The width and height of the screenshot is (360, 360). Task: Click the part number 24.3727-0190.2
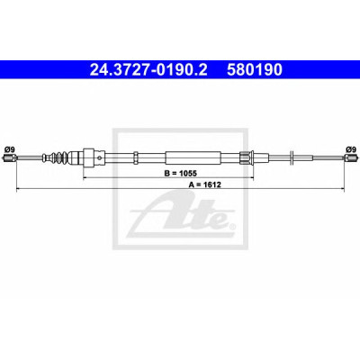(148, 70)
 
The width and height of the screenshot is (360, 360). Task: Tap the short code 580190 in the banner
(255, 70)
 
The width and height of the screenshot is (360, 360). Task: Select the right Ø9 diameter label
(350, 148)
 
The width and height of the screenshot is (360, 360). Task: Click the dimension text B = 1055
(180, 173)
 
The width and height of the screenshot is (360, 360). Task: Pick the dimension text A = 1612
(205, 184)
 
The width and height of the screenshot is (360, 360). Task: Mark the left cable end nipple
(9, 158)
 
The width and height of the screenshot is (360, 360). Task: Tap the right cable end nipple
(351, 158)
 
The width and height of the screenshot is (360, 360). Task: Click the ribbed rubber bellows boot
(56, 157)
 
